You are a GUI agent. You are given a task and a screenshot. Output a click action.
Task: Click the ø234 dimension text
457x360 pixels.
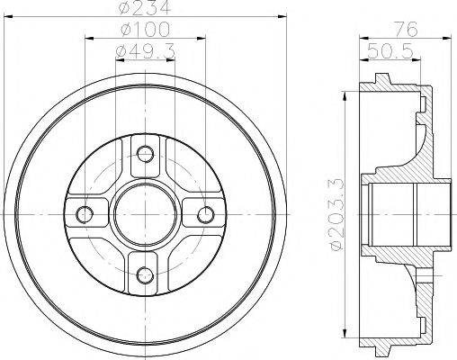(146, 10)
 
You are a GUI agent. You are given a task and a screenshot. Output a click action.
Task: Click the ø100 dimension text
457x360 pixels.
(146, 32)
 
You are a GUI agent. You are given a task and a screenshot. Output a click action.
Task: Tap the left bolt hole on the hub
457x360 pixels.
(85, 214)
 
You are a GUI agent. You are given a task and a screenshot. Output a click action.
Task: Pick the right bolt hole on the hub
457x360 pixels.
(206, 214)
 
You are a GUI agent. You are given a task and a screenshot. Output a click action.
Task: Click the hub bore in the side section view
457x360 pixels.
(405, 214)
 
